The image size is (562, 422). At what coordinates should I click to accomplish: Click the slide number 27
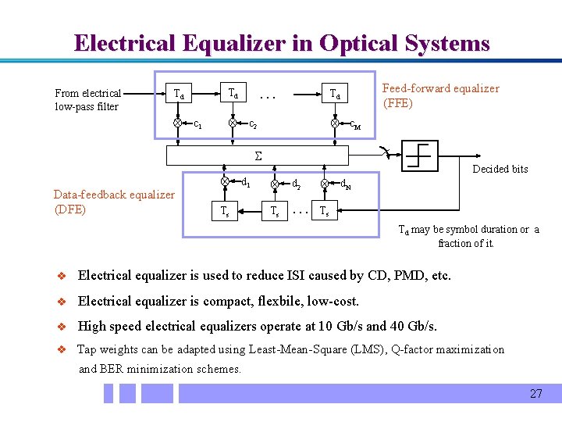click(x=535, y=393)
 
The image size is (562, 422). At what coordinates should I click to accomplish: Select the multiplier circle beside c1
click(x=178, y=123)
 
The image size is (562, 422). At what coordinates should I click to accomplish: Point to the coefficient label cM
click(x=354, y=124)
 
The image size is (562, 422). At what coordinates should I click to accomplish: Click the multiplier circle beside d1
click(x=225, y=181)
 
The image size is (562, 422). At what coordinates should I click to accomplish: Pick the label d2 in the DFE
click(x=297, y=185)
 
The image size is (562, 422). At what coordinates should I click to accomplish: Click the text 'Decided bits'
click(x=500, y=170)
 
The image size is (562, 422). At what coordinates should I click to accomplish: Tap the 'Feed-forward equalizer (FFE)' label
click(x=440, y=95)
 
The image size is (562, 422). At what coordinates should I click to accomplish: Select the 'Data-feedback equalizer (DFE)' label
click(x=114, y=202)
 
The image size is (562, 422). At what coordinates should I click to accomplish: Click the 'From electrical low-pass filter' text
click(x=88, y=99)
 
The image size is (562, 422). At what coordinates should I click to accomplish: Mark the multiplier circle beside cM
click(x=334, y=123)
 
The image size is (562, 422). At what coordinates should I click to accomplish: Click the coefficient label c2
click(x=253, y=124)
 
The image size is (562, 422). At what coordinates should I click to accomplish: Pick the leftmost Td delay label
click(x=180, y=95)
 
